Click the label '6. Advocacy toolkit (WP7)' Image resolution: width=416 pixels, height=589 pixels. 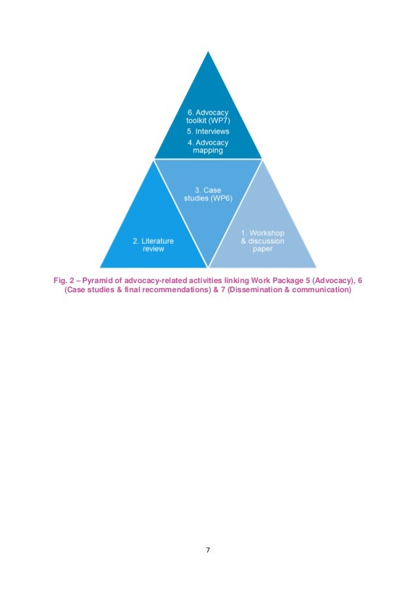click(x=207, y=116)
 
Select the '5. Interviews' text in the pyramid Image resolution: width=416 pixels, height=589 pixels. click(x=207, y=131)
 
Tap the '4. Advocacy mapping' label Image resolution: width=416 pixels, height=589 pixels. click(x=207, y=146)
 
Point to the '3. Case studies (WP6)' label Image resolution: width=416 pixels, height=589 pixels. click(x=207, y=194)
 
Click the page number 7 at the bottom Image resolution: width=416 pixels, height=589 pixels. click(x=207, y=551)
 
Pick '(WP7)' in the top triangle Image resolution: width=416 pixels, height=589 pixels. click(x=218, y=121)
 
